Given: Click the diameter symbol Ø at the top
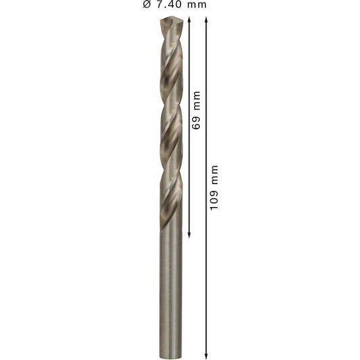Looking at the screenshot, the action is pyautogui.click(x=146, y=4).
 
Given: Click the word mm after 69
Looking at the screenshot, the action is pyautogui.click(x=196, y=100).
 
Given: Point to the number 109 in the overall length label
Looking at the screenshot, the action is pyautogui.click(x=214, y=200).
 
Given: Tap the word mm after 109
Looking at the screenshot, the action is pyautogui.click(x=215, y=175).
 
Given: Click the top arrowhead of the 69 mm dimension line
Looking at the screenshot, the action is pyautogui.click(x=189, y=19).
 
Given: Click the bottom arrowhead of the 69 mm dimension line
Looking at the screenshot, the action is pyautogui.click(x=189, y=235).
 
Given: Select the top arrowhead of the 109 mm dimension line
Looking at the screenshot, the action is pyautogui.click(x=206, y=19).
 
